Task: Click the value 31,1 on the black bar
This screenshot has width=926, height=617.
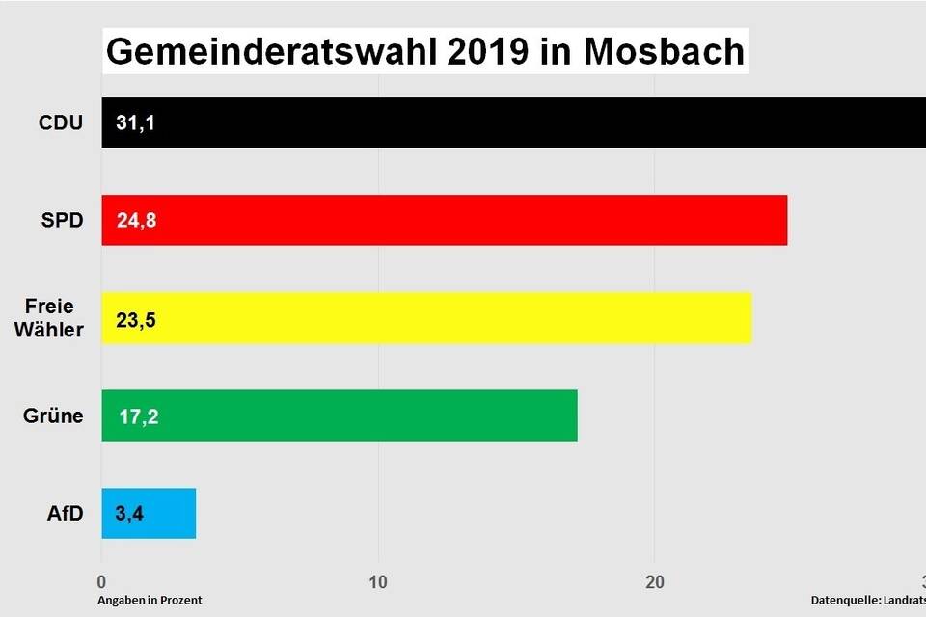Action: click(x=135, y=122)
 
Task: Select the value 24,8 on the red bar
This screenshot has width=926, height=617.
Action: click(x=135, y=221)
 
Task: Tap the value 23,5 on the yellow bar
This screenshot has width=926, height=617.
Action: click(x=135, y=319)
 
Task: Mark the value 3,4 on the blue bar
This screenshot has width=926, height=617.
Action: click(x=128, y=514)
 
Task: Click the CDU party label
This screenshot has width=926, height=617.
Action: click(x=61, y=122)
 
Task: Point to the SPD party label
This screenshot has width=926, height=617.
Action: click(x=62, y=221)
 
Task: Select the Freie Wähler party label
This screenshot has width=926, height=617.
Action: click(x=55, y=318)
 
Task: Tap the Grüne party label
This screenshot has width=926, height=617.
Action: click(x=54, y=416)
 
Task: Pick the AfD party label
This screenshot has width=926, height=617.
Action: click(x=66, y=514)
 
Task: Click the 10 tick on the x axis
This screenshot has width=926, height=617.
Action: click(x=378, y=581)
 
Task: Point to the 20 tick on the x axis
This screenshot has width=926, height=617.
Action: click(x=655, y=581)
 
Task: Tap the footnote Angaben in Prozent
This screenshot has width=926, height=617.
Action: click(x=150, y=600)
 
